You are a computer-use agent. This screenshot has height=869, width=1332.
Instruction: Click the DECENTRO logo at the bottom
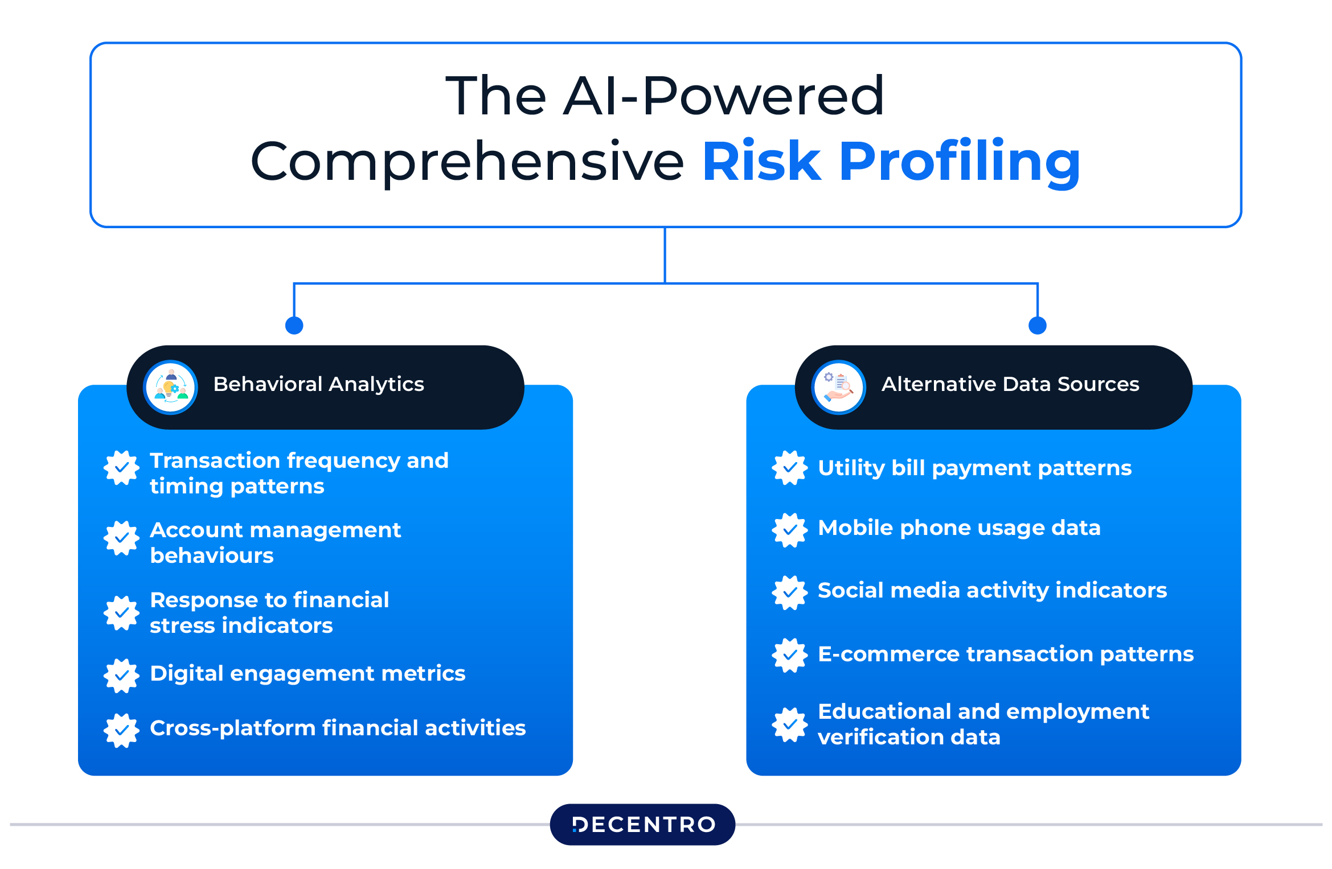[642, 824]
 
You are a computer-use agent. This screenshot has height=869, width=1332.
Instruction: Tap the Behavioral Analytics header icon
[171, 387]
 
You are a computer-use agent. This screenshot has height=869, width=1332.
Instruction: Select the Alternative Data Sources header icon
[839, 387]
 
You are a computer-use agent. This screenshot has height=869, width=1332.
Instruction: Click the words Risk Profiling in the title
[891, 162]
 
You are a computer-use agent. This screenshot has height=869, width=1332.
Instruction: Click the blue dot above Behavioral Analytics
[294, 326]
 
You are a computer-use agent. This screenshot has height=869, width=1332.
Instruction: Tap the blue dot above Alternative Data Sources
[1038, 326]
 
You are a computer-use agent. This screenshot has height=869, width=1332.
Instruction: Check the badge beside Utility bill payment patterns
[790, 468]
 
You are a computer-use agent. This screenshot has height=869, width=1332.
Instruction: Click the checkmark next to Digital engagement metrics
[121, 676]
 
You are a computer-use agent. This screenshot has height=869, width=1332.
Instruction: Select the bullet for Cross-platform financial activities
[121, 730]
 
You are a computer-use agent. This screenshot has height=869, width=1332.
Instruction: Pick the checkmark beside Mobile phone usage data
[790, 530]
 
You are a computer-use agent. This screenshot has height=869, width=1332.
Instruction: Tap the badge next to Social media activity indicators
[790, 592]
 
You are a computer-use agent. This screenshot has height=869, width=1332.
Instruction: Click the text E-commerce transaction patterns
[1006, 654]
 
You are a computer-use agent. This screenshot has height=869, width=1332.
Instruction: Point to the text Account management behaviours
[276, 542]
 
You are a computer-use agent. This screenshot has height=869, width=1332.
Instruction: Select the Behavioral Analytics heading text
[319, 384]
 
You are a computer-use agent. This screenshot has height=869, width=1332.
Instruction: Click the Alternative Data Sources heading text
[1011, 384]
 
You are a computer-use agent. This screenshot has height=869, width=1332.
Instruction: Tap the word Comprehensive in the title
[468, 162]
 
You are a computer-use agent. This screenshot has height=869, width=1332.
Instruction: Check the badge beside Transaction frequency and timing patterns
[121, 468]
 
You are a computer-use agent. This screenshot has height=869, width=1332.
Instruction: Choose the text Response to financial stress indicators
[269, 612]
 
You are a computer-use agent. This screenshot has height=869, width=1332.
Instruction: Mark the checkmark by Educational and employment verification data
[790, 725]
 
